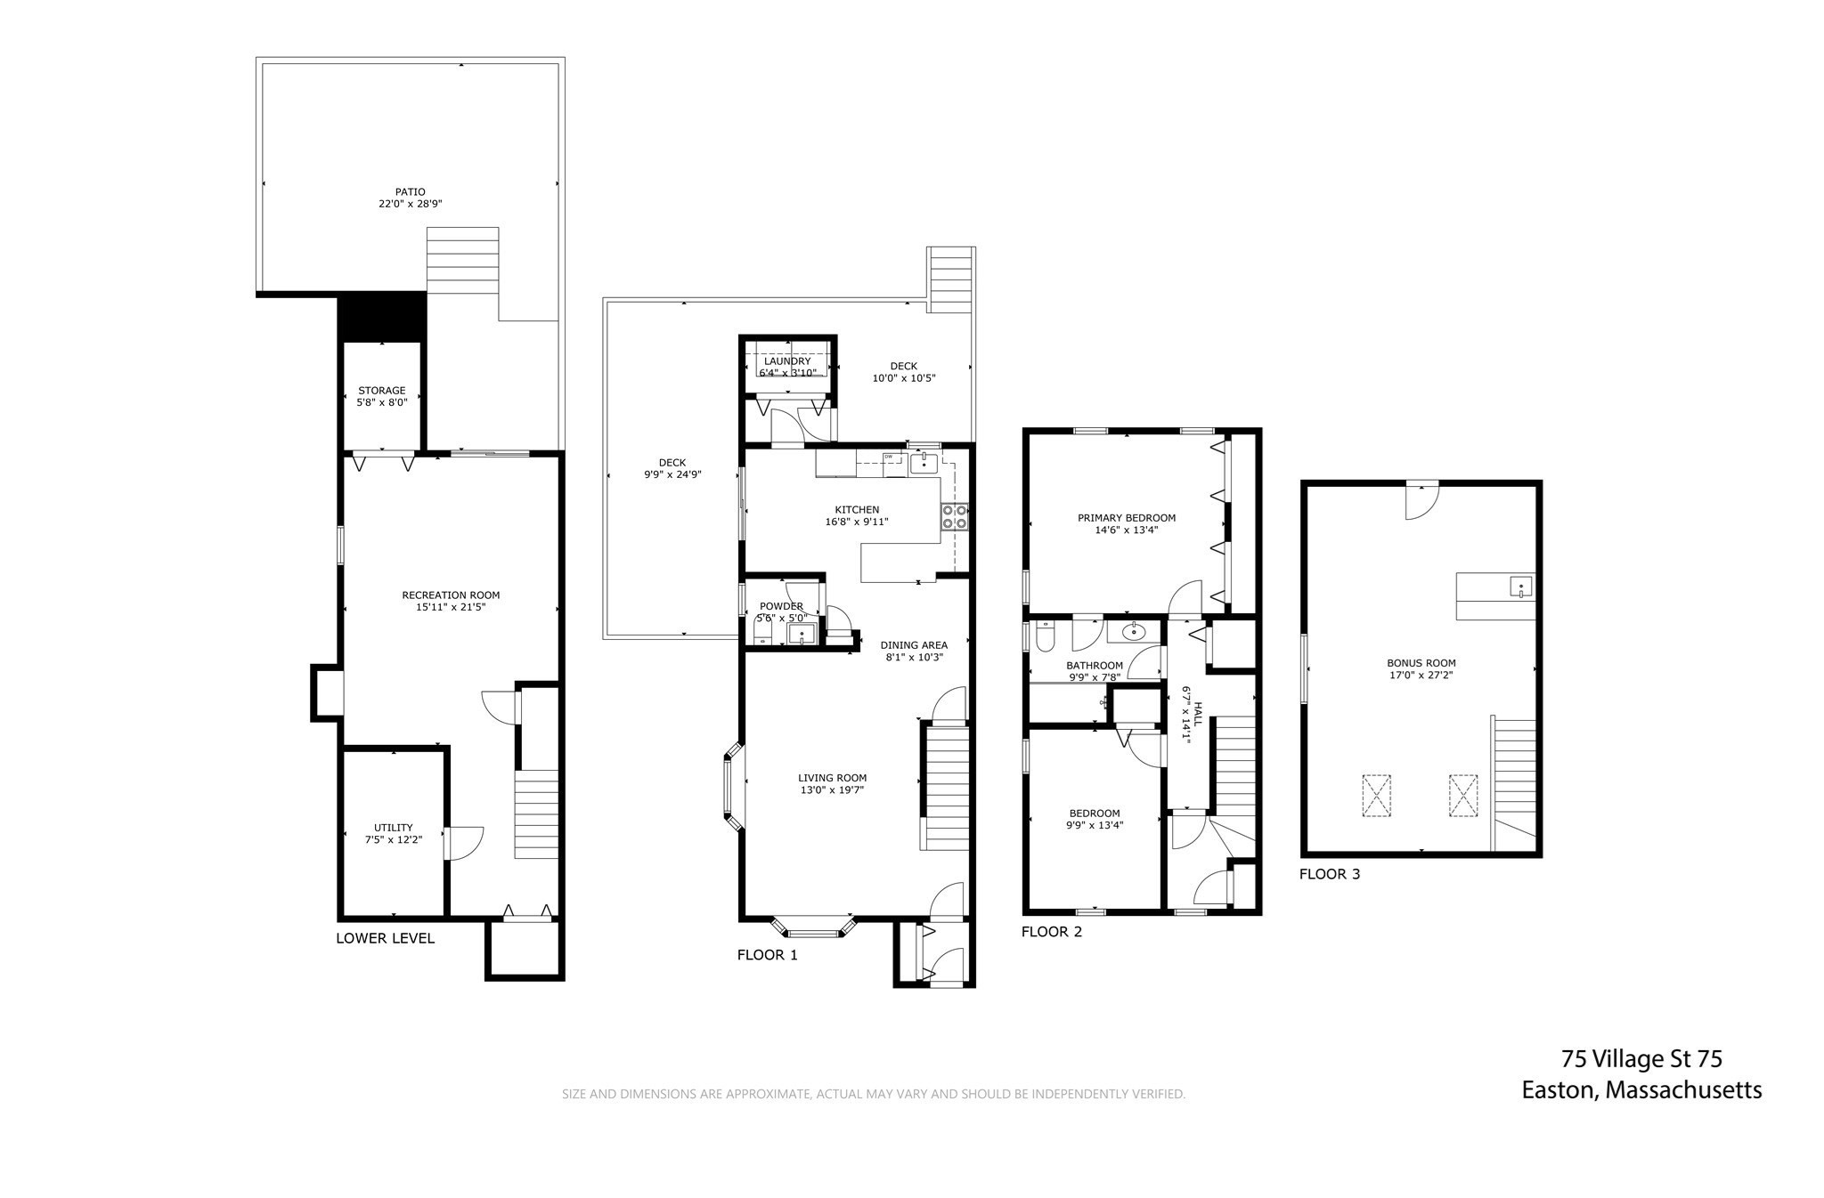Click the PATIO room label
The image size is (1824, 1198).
pyautogui.click(x=411, y=191)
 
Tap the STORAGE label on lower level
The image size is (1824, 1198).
pyautogui.click(x=382, y=391)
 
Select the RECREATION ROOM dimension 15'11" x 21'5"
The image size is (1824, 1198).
pyautogui.click(x=451, y=608)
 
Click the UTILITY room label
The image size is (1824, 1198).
pyautogui.click(x=393, y=828)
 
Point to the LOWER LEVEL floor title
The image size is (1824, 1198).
pyautogui.click(x=385, y=938)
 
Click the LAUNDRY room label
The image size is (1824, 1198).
pyautogui.click(x=786, y=361)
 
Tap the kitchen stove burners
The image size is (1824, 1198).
pyautogui.click(x=955, y=517)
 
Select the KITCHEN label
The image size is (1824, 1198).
pyautogui.click(x=857, y=510)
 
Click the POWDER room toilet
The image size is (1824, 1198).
pyautogui.click(x=761, y=632)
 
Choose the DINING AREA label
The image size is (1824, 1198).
pyautogui.click(x=914, y=645)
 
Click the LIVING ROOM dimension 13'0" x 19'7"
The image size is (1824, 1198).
pyautogui.click(x=832, y=790)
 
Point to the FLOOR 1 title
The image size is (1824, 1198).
pyautogui.click(x=768, y=956)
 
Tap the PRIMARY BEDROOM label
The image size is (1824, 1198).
pyautogui.click(x=1127, y=518)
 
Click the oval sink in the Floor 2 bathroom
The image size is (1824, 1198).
pyautogui.click(x=1134, y=633)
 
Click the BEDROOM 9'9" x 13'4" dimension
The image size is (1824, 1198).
pyautogui.click(x=1095, y=825)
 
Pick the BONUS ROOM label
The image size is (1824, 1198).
pyautogui.click(x=1421, y=663)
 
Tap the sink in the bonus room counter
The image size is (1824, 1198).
pyautogui.click(x=1520, y=587)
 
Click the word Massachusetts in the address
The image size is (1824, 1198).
pyautogui.click(x=1683, y=1090)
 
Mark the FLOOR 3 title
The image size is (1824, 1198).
pyautogui.click(x=1330, y=874)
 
